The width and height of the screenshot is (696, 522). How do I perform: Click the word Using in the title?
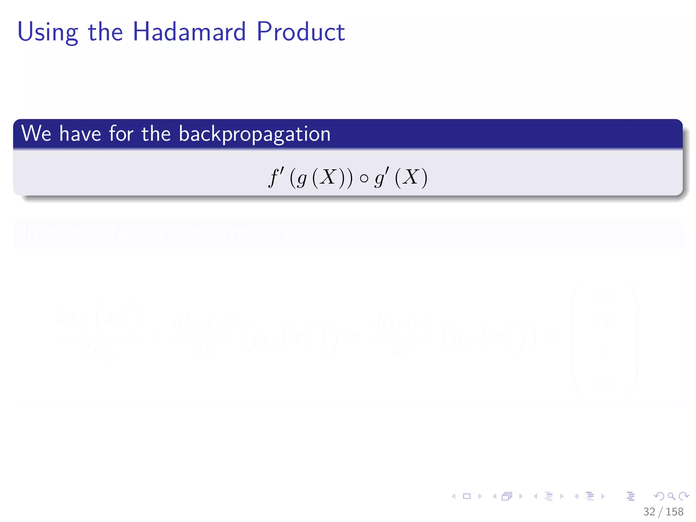tap(48, 32)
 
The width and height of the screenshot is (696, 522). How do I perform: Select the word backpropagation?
tap(255, 134)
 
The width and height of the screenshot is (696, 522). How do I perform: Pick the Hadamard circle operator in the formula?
tap(364, 178)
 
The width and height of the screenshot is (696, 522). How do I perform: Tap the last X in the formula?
tap(411, 177)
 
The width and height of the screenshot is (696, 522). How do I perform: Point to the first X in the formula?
tap(328, 177)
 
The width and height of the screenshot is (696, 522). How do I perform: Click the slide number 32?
tap(649, 511)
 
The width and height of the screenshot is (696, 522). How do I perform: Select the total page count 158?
tap(674, 511)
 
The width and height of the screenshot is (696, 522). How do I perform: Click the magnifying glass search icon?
tap(672, 496)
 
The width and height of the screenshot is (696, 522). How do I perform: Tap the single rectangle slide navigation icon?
tap(467, 496)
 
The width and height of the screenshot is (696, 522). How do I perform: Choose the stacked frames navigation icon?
tap(507, 496)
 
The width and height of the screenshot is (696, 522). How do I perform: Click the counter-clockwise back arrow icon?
tap(659, 496)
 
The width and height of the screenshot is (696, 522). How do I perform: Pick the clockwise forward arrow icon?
tap(684, 496)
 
